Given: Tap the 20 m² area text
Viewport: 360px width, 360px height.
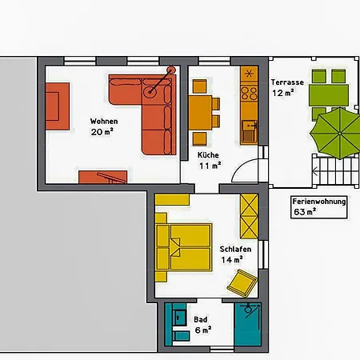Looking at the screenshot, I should [x=102, y=132].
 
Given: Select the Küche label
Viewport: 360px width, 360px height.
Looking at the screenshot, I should [x=208, y=155].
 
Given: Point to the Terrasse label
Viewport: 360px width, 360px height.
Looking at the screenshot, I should [x=286, y=82].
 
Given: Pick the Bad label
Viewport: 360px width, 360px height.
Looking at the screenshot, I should [x=200, y=318].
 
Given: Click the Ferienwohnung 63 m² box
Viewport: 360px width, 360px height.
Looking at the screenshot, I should [x=319, y=206].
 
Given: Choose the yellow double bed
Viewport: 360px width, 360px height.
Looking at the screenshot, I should [x=184, y=246].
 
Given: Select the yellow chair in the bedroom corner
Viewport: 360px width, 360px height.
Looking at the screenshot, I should [x=242, y=282].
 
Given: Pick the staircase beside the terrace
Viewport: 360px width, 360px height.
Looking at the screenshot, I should [x=329, y=170].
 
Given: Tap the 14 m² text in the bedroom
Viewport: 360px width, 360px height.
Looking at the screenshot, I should [x=233, y=260].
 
